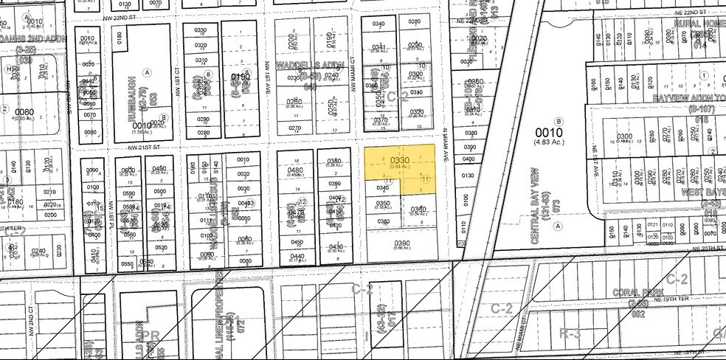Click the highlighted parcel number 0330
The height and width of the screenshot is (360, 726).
(x=399, y=160)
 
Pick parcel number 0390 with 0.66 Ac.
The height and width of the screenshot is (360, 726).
(x=401, y=243)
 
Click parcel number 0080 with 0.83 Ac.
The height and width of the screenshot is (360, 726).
(x=22, y=113)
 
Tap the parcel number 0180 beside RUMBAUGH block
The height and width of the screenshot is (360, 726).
(x=118, y=37)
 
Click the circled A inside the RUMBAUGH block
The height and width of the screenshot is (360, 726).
(x=148, y=72)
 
